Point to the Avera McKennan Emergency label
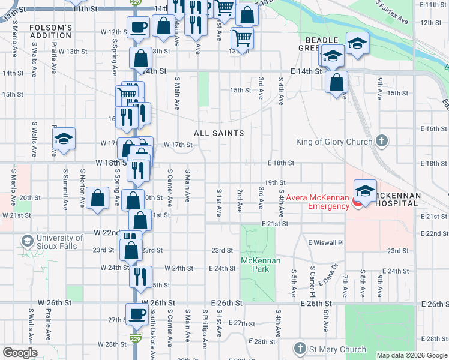click(x=317, y=202)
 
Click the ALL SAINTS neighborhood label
click(x=218, y=133)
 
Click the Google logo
click(x=20, y=353)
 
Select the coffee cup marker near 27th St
click(x=137, y=314)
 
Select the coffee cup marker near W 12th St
click(x=139, y=27)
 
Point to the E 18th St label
click(x=280, y=163)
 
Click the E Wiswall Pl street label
click(x=325, y=242)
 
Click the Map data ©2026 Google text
click(x=411, y=355)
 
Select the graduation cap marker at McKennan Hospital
click(x=364, y=191)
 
